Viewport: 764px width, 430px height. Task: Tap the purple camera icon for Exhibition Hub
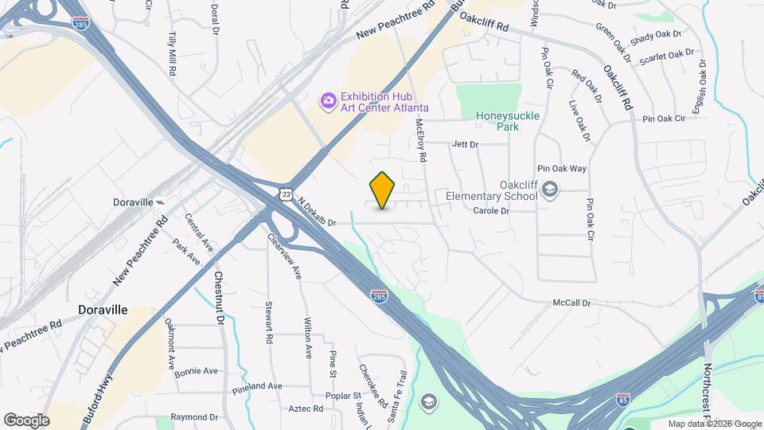point(327,100)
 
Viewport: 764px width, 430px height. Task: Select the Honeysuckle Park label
point(508,120)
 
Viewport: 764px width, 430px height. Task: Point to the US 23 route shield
point(286,193)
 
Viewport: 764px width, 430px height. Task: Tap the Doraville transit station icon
point(162,202)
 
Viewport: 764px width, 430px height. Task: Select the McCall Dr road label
point(572,303)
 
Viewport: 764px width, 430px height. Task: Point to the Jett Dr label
point(464,144)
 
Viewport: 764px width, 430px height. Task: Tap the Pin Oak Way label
point(562,169)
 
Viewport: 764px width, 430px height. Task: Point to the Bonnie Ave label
point(196,371)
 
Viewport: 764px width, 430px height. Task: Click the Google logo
point(26,420)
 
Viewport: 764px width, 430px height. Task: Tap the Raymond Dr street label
point(194,416)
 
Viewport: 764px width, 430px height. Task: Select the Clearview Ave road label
point(284,256)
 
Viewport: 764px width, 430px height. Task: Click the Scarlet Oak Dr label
point(672,54)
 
